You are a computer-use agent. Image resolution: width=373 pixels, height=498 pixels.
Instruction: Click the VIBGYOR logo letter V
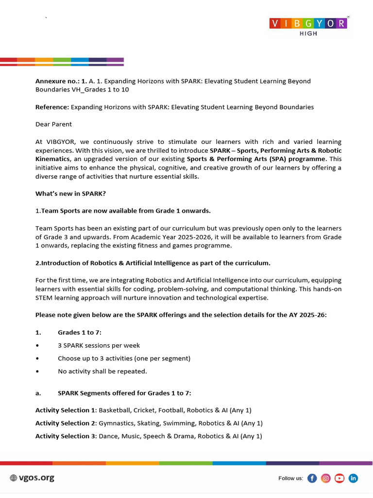coord(275,23)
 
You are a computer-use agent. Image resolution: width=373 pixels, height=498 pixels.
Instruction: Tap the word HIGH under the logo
coord(308,34)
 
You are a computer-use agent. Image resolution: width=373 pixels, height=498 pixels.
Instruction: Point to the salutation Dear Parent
coord(53,124)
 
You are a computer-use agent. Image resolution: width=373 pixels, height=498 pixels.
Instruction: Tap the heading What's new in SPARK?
coord(70,194)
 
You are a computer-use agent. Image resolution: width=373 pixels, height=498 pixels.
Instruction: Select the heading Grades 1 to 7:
coord(80,333)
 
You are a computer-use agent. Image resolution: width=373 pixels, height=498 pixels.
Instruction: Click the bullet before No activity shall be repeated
coord(37,371)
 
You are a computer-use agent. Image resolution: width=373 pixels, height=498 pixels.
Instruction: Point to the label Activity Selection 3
coord(66,436)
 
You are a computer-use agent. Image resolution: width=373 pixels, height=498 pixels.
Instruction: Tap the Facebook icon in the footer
coord(312,479)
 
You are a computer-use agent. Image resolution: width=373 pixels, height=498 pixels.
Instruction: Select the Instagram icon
coord(326,479)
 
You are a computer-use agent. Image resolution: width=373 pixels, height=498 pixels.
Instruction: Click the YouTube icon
coord(339,479)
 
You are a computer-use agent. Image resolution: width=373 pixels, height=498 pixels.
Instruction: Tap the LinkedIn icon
coord(353,479)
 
